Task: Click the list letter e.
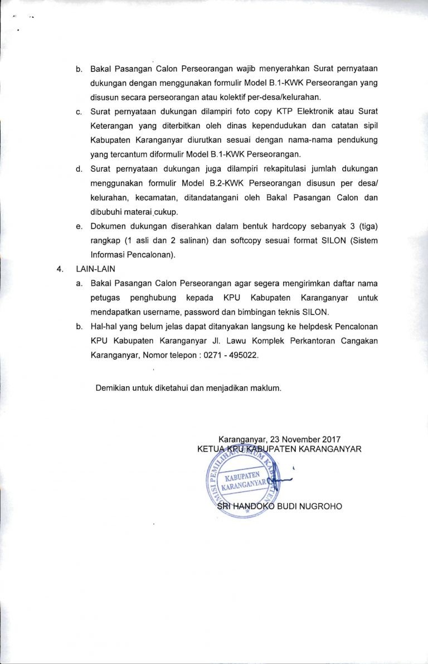(x=79, y=226)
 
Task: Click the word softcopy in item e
(x=265, y=241)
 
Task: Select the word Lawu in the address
(x=230, y=340)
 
